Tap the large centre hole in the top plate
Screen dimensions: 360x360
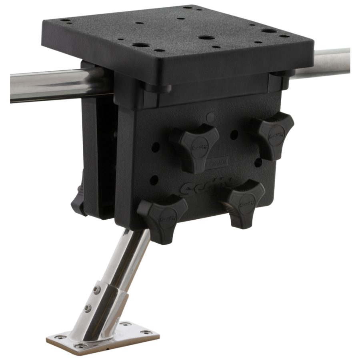point(206,38)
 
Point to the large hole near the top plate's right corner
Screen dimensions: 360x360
point(269,31)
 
